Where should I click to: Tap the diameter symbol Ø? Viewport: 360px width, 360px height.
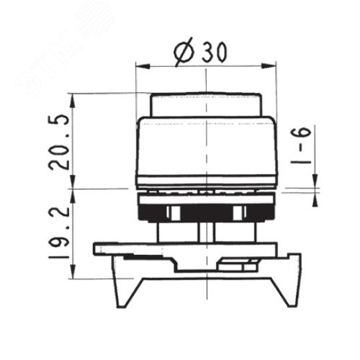click(184, 52)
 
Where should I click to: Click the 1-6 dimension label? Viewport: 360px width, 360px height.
click(301, 145)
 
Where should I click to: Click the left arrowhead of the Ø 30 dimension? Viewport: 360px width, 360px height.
click(143, 66)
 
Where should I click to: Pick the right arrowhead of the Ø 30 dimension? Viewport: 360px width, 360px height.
click(269, 66)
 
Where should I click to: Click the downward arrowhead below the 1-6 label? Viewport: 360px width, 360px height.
click(315, 181)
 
